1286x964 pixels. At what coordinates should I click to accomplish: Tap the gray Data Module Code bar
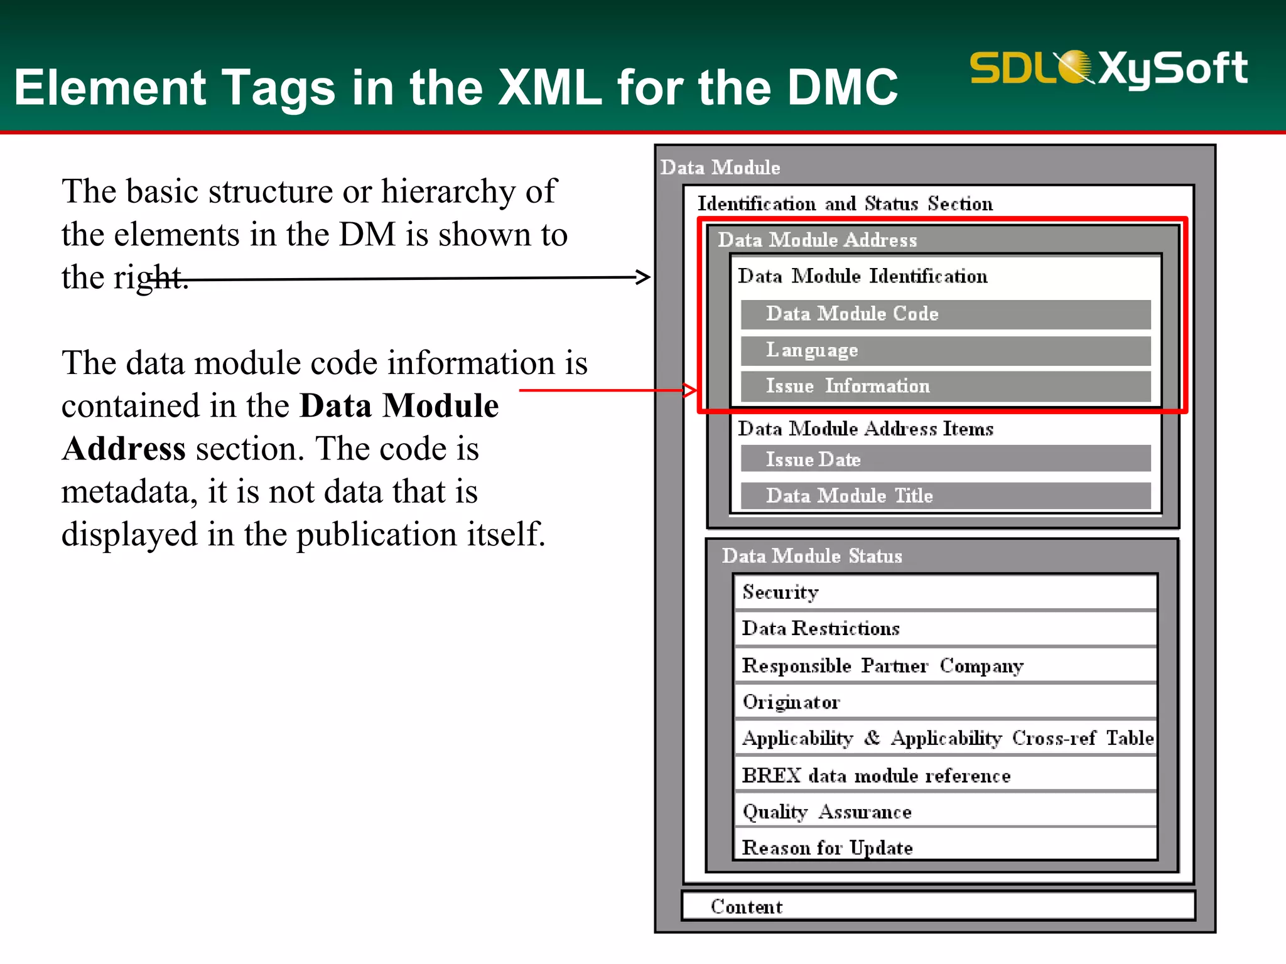point(945,314)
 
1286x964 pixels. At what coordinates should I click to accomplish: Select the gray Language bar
point(945,350)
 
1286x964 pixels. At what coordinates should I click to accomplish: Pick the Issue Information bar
point(945,386)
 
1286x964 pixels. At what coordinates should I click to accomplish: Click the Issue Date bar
point(945,459)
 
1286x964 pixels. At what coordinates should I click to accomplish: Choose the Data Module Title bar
point(945,495)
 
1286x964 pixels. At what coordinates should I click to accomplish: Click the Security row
point(945,592)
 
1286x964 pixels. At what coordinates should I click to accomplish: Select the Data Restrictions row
point(945,628)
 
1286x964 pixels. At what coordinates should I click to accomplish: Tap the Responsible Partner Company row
point(945,665)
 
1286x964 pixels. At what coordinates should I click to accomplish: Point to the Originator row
point(945,702)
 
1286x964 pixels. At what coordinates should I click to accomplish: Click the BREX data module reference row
point(945,775)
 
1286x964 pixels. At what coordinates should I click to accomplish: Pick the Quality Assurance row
point(945,811)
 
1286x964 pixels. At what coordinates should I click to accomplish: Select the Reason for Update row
point(945,847)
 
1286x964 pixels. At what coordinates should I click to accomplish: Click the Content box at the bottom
point(938,906)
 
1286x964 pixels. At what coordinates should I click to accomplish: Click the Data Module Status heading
point(812,556)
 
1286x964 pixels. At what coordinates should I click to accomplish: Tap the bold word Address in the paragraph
point(124,449)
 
